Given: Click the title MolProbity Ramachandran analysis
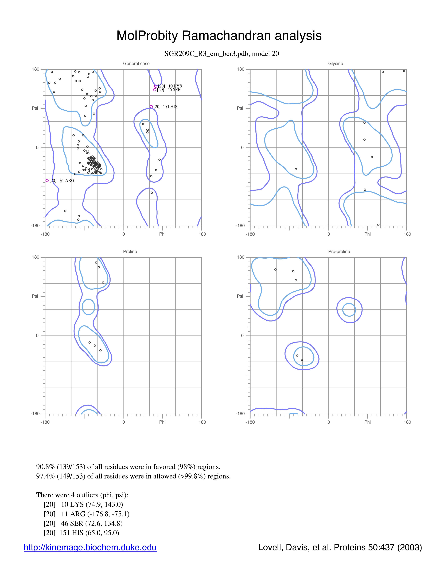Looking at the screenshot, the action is (219, 36).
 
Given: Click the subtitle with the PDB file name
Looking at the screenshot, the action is (222, 54).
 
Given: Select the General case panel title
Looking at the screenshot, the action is (136, 63).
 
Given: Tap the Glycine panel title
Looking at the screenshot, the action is (336, 63).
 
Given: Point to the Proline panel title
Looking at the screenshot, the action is (130, 251).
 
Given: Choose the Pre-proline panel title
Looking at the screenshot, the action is (339, 251).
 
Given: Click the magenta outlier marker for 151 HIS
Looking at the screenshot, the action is (151, 107).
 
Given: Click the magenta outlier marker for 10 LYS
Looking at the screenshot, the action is (156, 86).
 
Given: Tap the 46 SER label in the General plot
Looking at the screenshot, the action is (174, 90).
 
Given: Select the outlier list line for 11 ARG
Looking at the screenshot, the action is (87, 514).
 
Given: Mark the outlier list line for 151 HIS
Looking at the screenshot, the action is (81, 533).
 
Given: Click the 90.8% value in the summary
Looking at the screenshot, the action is (45, 467).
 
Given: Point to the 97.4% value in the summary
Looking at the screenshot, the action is (45, 476).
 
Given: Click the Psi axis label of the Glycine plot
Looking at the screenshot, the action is (240, 108).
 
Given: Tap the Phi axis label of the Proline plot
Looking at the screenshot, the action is (162, 422).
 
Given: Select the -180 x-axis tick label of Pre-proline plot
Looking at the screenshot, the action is (250, 422).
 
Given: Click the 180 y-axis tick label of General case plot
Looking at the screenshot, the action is (36, 69).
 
